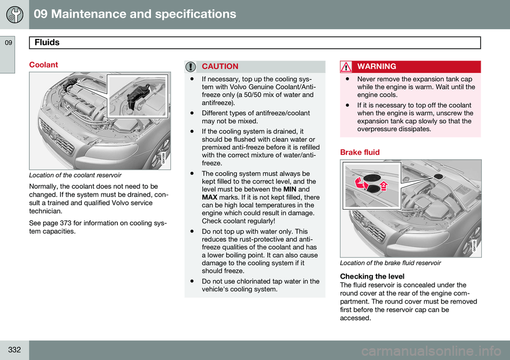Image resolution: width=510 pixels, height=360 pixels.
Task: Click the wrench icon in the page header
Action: pos(15,15)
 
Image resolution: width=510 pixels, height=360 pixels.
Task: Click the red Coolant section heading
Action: pos(44,65)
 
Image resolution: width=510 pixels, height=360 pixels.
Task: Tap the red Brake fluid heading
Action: pos(360,152)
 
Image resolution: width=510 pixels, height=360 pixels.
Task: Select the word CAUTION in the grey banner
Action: pos(220,66)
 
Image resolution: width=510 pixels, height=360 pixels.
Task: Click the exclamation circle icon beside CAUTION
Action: pos(191,66)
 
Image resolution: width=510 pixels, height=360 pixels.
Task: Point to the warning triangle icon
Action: pos(346,66)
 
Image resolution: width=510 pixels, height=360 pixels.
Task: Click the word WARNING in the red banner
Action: pos(377,66)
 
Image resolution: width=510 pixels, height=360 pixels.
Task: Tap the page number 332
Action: pos(14,350)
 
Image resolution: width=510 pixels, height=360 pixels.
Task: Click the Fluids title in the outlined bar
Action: pos(47,43)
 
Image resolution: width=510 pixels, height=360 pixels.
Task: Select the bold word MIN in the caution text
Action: pos(290,189)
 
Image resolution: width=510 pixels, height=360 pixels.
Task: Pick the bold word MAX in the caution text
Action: pos(209,197)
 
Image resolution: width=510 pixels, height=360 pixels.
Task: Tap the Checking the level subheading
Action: pos(372,277)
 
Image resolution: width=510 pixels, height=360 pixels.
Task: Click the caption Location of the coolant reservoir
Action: pos(75,175)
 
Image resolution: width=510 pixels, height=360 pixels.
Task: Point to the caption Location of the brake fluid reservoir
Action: pos(390,263)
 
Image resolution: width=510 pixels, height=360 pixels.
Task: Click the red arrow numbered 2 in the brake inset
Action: pos(384,186)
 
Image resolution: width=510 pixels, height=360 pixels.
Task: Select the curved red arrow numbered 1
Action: pos(362,183)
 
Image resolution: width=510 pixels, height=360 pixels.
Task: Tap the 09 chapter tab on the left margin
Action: pos(8,43)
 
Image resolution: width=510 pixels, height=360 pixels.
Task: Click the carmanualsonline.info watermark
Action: pos(431,351)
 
